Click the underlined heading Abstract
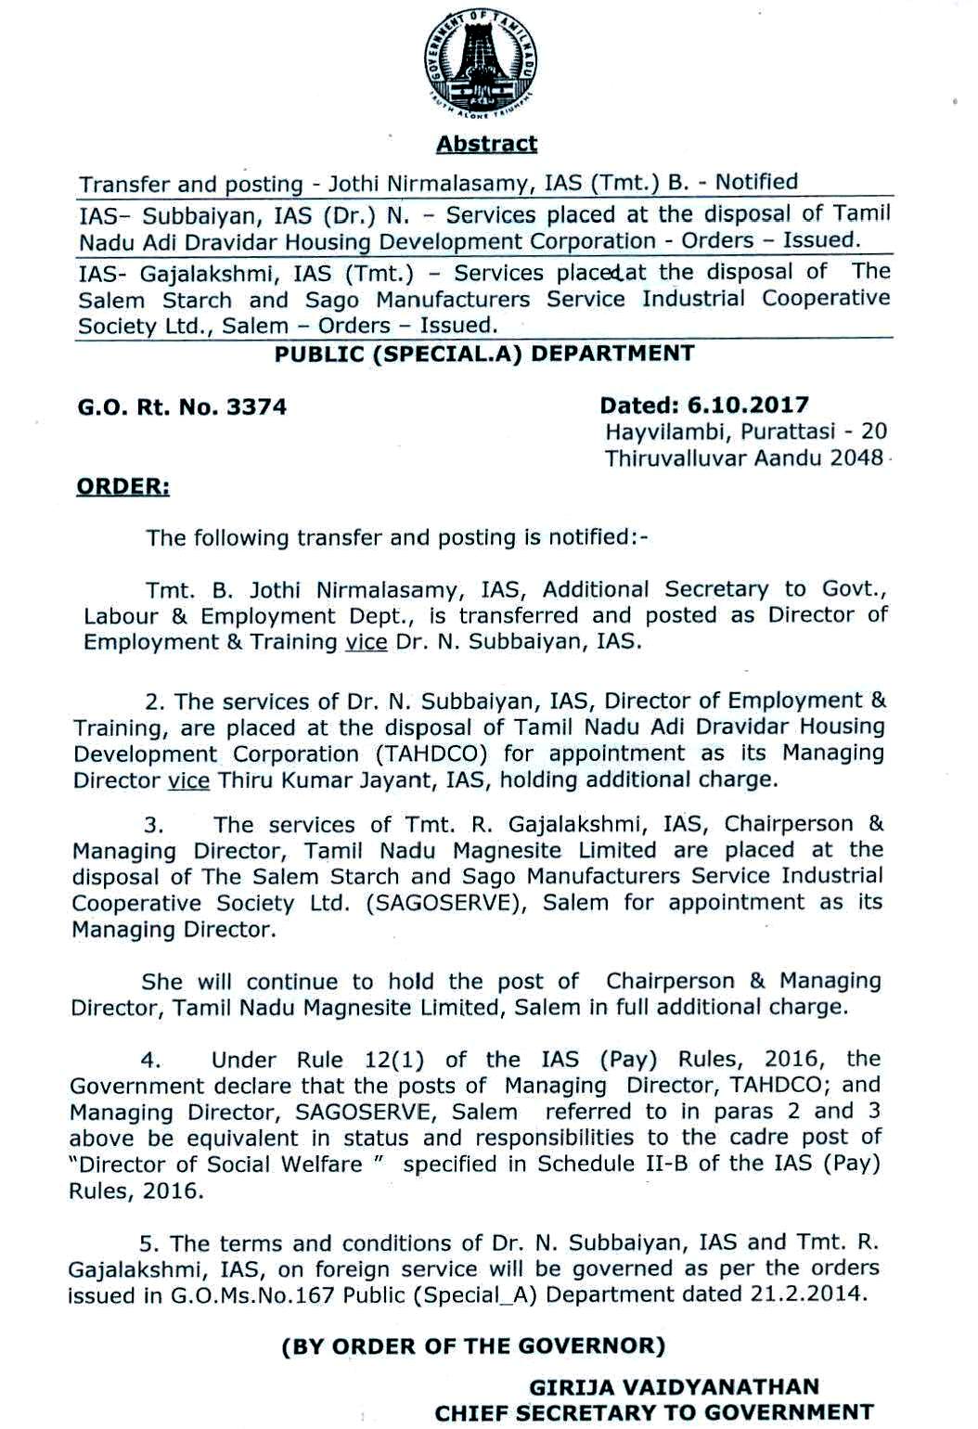pos(486,144)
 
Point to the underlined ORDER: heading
pos(122,487)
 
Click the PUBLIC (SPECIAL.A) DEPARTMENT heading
pos(484,354)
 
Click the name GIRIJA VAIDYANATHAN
pos(674,1387)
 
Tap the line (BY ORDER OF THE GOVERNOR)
pos(473,1345)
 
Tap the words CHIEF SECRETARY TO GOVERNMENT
pos(654,1413)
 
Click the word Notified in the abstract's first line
pos(756,182)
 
